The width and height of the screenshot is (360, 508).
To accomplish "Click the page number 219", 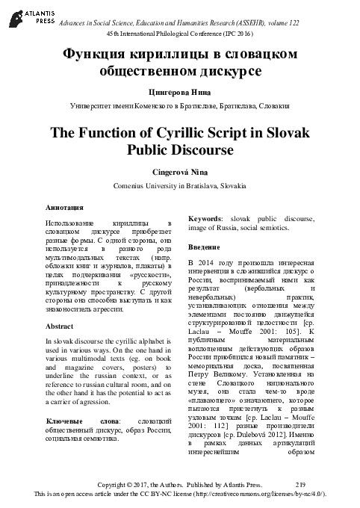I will click(x=300, y=485).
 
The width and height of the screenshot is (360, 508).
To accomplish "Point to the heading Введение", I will click(x=205, y=247).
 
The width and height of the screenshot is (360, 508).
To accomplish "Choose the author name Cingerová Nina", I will click(x=179, y=171).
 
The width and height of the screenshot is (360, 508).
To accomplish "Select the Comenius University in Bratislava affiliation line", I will click(x=179, y=185).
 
